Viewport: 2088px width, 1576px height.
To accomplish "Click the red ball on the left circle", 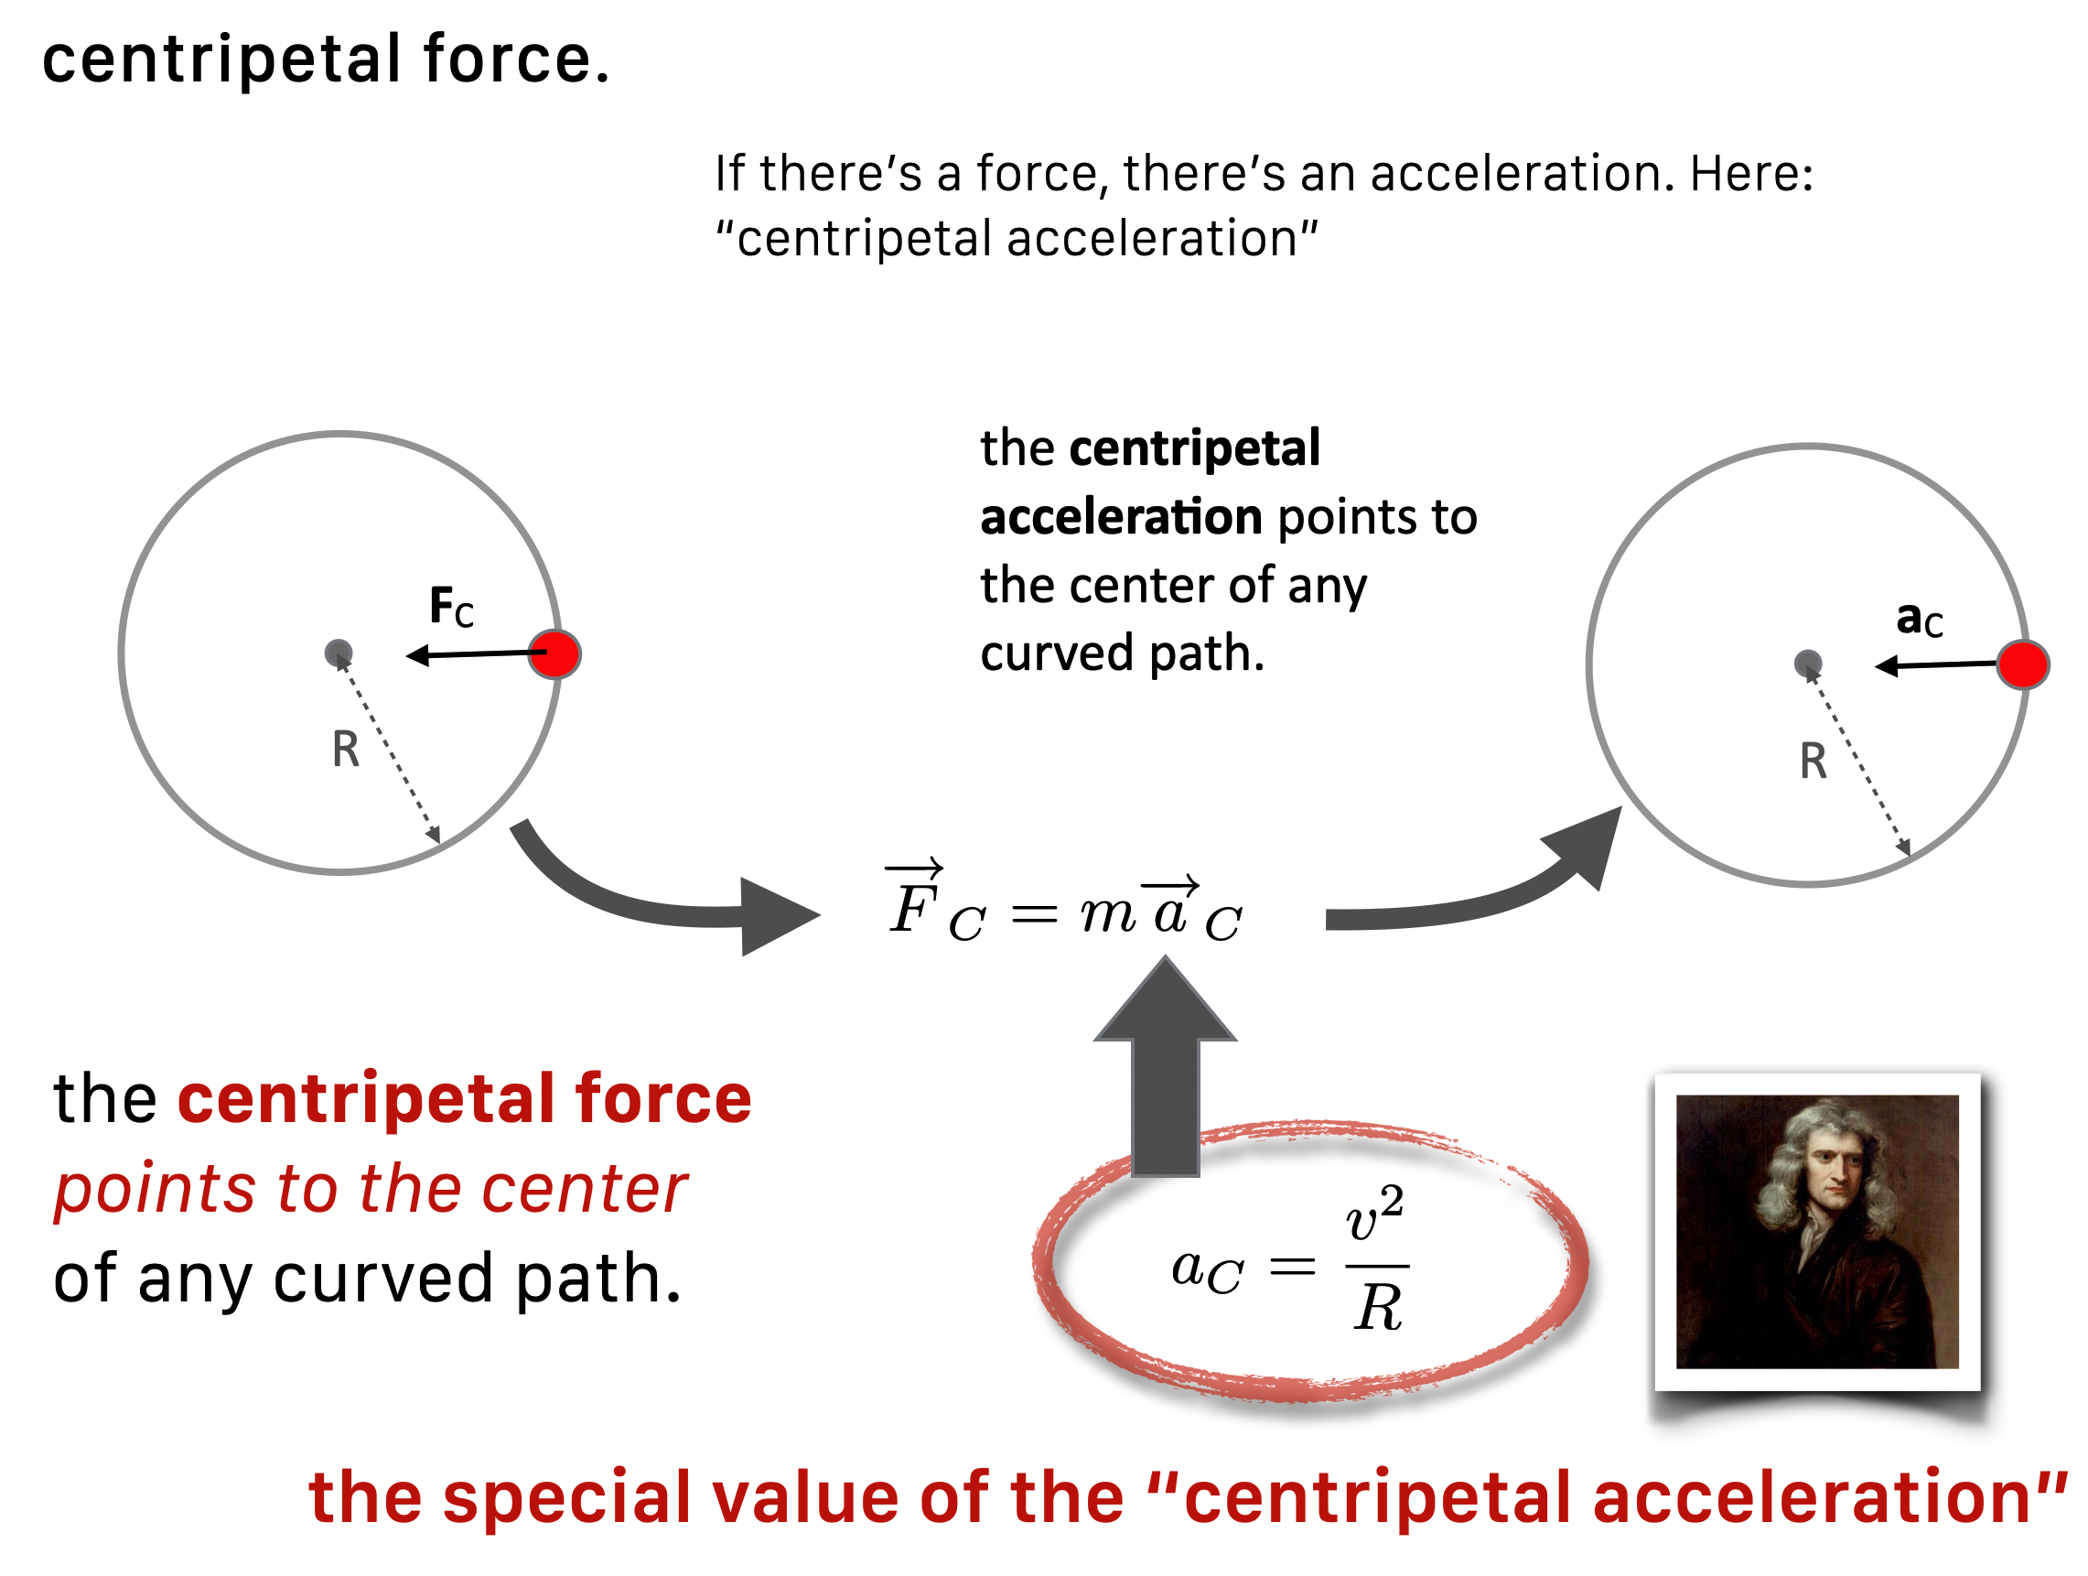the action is click(x=554, y=653).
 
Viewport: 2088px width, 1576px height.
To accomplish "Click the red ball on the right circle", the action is click(x=2022, y=664).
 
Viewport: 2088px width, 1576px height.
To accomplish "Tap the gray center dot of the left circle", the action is click(x=338, y=653).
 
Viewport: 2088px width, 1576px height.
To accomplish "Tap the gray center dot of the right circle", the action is click(x=1807, y=664).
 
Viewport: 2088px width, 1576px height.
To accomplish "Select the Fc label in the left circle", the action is click(x=451, y=606).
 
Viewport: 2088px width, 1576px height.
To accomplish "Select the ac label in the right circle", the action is click(x=1919, y=620).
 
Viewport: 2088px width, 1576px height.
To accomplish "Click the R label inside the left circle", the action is click(x=346, y=750).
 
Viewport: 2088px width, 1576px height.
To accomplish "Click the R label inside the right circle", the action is click(x=1813, y=761).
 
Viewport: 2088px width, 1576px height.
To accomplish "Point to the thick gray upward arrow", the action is click(x=1165, y=1067).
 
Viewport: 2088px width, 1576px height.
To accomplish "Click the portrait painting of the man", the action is click(x=1817, y=1231).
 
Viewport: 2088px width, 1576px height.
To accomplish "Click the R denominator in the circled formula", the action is click(x=1377, y=1308).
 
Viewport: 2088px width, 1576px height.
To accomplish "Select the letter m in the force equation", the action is click(x=1107, y=914).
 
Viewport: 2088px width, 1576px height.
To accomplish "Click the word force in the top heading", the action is click(x=516, y=59).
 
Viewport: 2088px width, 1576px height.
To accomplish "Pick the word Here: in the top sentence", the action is click(x=1751, y=174).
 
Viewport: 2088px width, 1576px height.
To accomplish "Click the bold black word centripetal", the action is click(x=1194, y=448).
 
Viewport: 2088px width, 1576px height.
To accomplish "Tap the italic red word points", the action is click(x=154, y=1189).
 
